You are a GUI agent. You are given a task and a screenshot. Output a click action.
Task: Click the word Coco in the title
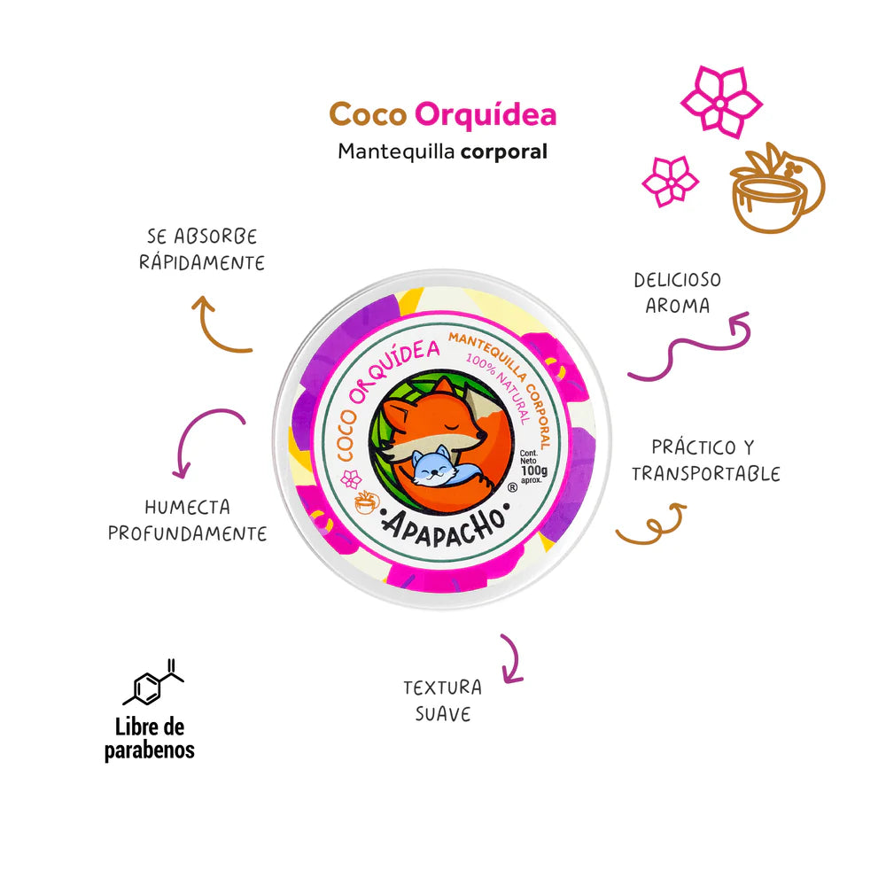tap(367, 115)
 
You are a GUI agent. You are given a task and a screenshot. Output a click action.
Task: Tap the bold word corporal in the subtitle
tap(504, 152)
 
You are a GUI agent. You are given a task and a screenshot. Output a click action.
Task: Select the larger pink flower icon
tap(721, 102)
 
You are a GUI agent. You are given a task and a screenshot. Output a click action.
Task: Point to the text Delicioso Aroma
tap(677, 292)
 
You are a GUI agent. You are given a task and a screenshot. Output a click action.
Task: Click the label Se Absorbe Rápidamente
tap(203, 250)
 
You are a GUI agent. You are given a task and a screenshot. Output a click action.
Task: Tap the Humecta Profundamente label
tap(188, 520)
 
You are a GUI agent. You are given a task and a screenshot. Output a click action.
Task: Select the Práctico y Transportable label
tap(705, 460)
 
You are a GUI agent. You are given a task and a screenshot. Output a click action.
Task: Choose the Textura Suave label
tap(442, 700)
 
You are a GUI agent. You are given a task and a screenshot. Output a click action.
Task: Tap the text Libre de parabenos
tap(150, 739)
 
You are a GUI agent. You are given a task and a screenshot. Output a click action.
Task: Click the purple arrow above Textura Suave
tap(509, 657)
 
